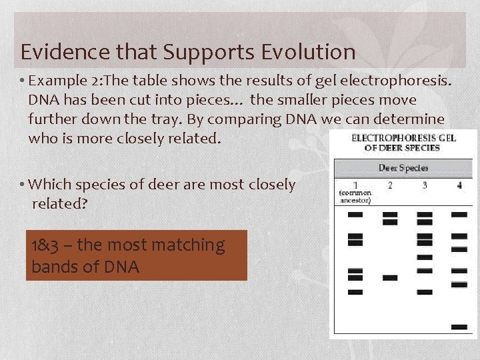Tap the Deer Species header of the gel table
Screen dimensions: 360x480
(x=403, y=168)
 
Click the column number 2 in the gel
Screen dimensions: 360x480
(x=390, y=185)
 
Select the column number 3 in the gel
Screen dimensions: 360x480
(x=425, y=185)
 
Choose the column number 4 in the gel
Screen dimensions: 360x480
(x=459, y=185)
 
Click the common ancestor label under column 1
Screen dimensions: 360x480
(x=355, y=197)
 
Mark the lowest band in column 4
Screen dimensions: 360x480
(x=459, y=327)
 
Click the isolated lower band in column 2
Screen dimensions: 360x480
(x=390, y=277)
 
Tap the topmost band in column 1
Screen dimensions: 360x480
(x=355, y=215)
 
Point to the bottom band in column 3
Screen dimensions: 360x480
(x=425, y=292)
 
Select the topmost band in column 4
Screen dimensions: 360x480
(x=459, y=215)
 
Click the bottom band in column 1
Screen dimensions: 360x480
(x=355, y=292)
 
